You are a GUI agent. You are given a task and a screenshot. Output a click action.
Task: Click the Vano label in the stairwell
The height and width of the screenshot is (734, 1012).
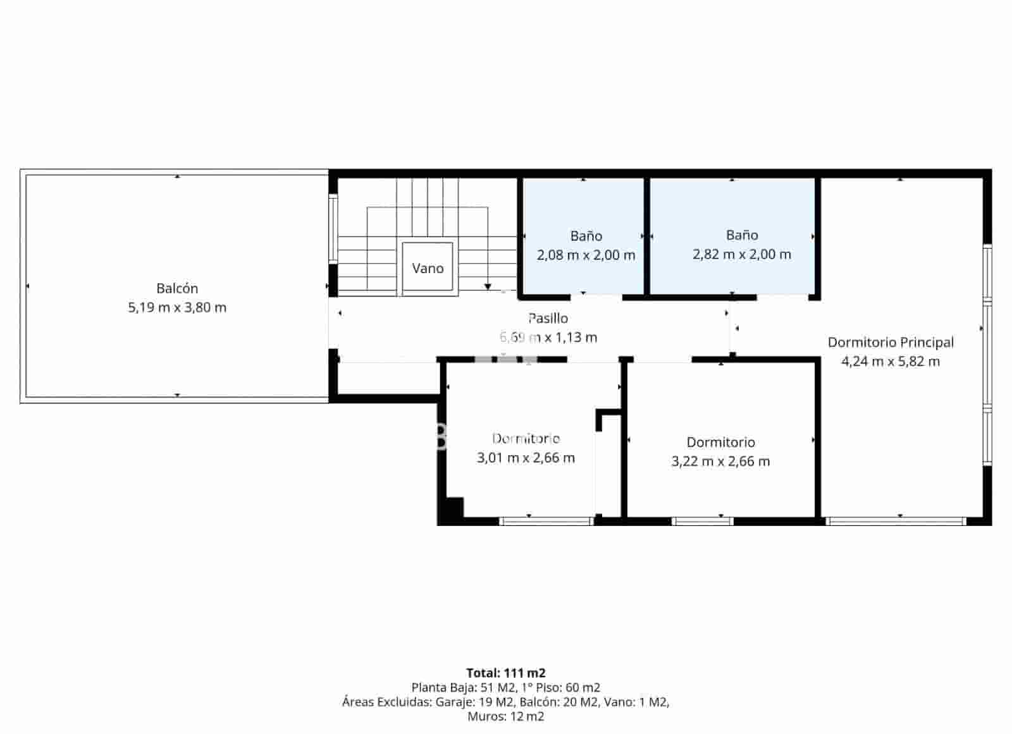click(428, 268)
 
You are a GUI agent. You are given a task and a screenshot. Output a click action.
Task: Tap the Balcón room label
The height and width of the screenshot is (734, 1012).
click(177, 288)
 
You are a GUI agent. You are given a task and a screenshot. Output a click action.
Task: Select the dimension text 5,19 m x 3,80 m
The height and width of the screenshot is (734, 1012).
click(177, 308)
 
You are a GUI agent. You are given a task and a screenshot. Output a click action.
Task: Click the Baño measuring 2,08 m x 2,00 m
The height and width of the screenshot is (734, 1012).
click(586, 245)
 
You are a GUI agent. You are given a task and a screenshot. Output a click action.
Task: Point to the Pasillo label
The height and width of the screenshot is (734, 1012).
click(548, 318)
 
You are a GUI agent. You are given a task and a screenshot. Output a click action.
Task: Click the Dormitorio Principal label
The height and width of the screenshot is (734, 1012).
click(891, 342)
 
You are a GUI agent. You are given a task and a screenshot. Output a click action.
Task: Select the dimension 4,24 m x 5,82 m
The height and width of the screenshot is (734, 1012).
click(891, 362)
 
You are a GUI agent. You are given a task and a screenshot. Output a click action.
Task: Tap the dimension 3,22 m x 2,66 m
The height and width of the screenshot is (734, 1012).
click(720, 462)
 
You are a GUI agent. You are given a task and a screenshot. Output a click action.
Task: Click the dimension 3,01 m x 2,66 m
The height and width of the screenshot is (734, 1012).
click(526, 458)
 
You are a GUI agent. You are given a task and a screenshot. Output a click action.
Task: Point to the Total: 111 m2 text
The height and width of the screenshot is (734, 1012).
click(505, 673)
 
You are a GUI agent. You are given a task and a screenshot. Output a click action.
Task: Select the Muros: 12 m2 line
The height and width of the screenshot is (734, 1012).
click(505, 716)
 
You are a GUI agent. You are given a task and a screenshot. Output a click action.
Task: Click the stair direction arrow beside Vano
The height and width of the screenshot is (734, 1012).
click(488, 286)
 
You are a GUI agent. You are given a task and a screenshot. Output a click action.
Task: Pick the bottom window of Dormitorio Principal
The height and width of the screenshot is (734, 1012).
click(896, 521)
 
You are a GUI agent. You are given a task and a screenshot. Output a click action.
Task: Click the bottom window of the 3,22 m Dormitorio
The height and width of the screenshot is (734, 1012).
click(702, 521)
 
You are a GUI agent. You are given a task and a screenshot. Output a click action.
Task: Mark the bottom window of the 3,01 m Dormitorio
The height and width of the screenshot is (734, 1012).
click(546, 521)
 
